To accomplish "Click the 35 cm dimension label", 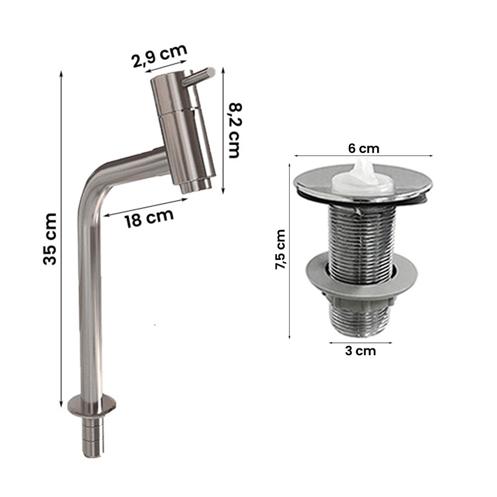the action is click(x=50, y=239).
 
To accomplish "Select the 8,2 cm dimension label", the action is click(x=235, y=130).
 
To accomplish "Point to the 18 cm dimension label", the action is click(x=149, y=218).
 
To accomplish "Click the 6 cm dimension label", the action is click(x=364, y=148).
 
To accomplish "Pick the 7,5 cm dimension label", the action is click(x=280, y=250).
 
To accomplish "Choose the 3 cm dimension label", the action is click(x=360, y=351).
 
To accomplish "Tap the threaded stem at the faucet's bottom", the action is click(x=92, y=437).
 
